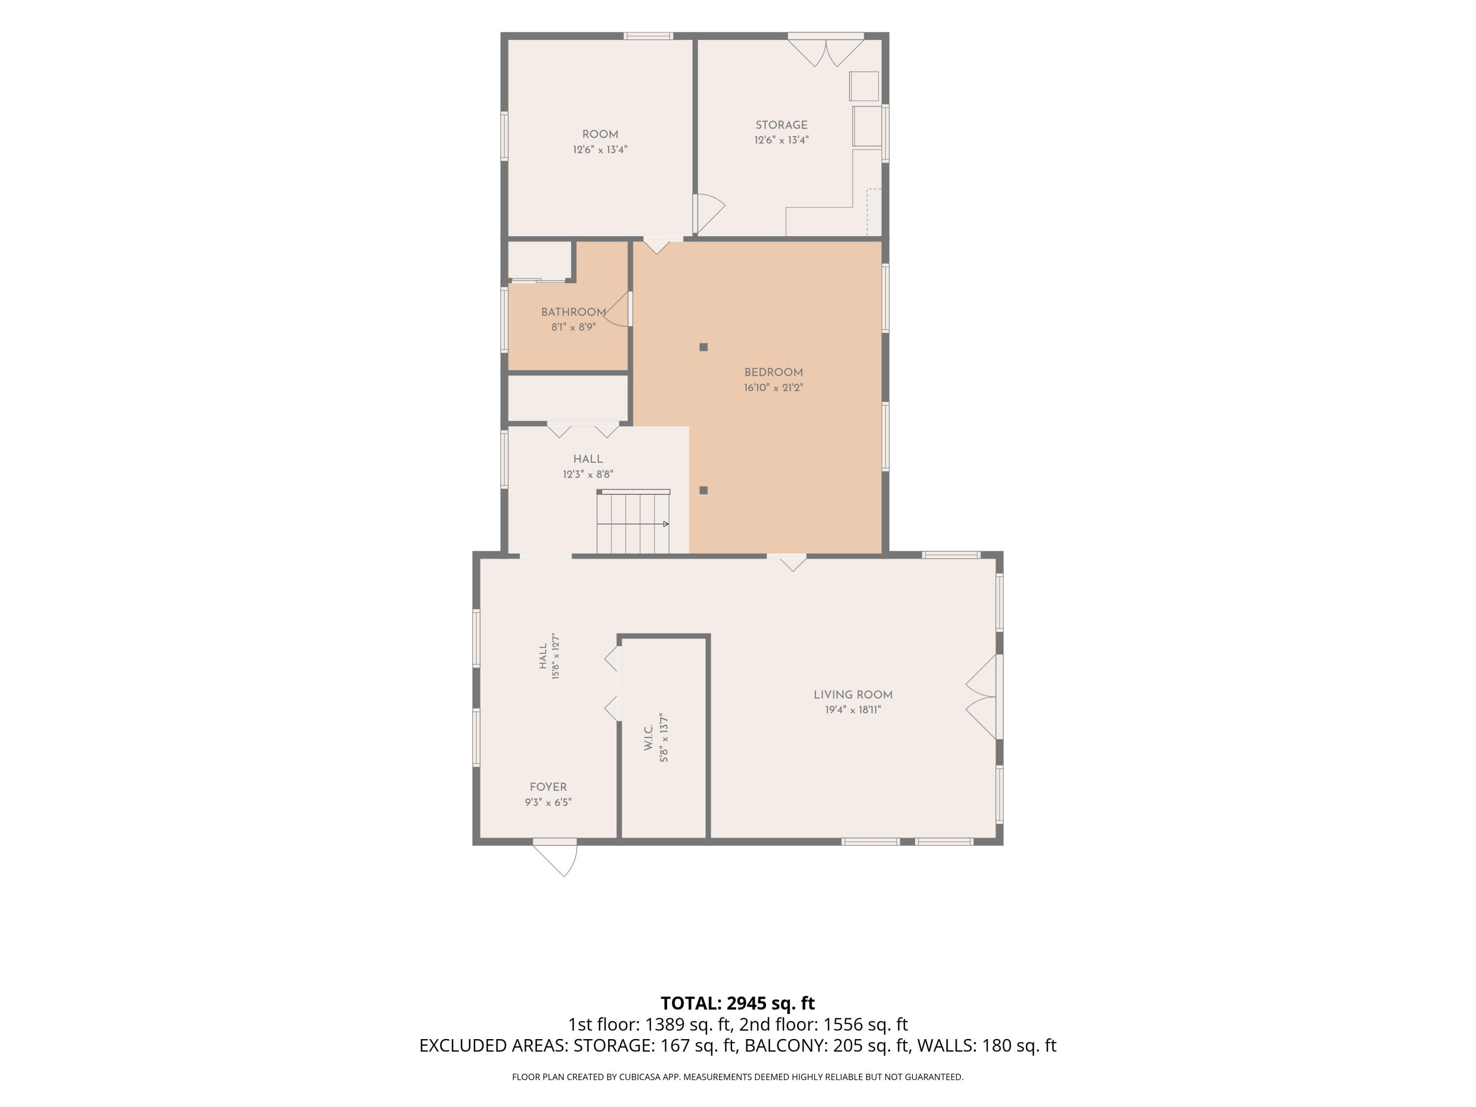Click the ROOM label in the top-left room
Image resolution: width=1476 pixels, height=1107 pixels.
[600, 134]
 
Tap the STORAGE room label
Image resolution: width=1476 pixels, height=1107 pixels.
[781, 125]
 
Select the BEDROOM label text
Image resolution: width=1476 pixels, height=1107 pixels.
[773, 372]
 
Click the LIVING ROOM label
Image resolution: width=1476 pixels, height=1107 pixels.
[853, 695]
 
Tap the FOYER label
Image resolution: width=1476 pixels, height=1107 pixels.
[548, 787]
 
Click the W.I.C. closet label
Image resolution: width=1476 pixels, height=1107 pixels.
[648, 736]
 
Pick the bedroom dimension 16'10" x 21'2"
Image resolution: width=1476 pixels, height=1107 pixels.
[773, 388]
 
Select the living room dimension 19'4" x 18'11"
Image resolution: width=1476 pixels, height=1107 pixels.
[853, 710]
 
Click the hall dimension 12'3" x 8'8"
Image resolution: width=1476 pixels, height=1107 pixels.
[588, 474]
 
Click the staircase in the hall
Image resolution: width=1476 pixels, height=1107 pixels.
[633, 522]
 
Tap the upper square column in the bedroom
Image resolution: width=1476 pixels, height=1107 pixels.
[703, 347]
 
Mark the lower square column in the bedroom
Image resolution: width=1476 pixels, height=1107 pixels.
[703, 491]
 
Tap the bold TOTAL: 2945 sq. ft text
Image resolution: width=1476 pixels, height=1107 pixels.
[738, 1003]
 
